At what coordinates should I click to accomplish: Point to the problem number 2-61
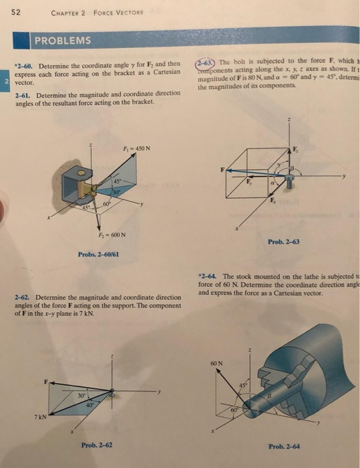tap(23, 95)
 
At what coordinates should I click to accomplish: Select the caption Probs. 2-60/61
tap(98, 254)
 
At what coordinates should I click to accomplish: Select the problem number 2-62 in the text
tap(23, 296)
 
